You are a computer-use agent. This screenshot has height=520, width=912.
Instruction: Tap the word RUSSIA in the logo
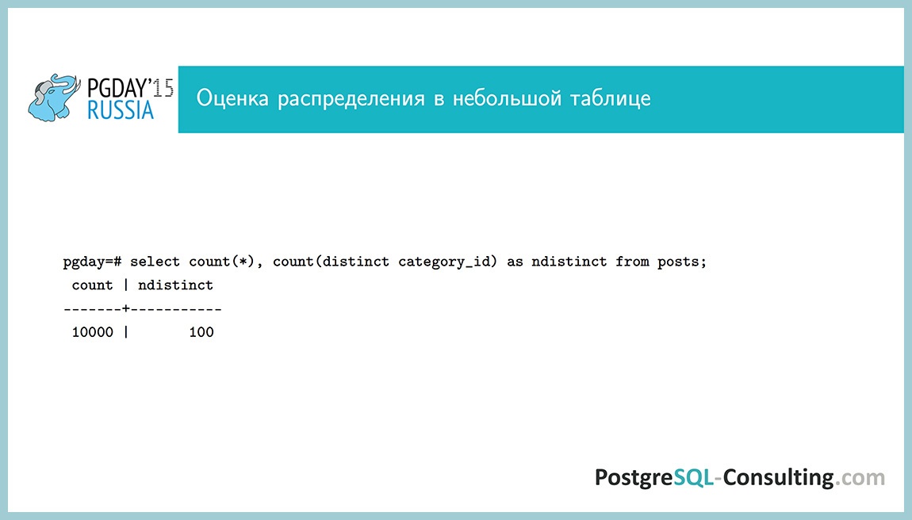121,111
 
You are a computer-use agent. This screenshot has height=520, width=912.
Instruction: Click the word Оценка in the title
232,99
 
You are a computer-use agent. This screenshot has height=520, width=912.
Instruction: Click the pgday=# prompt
91,262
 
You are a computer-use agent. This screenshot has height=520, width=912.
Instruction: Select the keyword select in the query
155,262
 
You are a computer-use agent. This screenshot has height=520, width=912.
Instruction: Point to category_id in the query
448,262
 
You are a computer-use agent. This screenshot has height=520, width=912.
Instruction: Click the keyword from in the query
632,262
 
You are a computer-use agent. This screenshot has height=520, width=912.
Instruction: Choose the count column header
92,285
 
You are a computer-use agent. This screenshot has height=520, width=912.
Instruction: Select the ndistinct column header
175,285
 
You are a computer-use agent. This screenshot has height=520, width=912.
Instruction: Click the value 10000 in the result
92,332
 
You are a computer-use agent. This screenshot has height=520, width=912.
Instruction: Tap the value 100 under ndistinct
201,332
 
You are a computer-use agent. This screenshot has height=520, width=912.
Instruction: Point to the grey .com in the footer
860,477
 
